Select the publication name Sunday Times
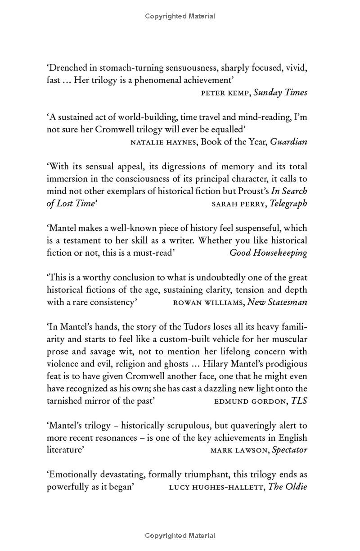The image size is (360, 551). (x=280, y=93)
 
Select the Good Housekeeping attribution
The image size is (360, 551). (x=268, y=253)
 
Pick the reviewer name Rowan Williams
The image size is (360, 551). (x=208, y=303)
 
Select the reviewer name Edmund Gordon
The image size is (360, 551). (x=251, y=401)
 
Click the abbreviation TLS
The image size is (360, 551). (x=299, y=401)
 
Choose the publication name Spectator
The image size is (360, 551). (x=290, y=450)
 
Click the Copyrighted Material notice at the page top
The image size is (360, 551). (x=180, y=16)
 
